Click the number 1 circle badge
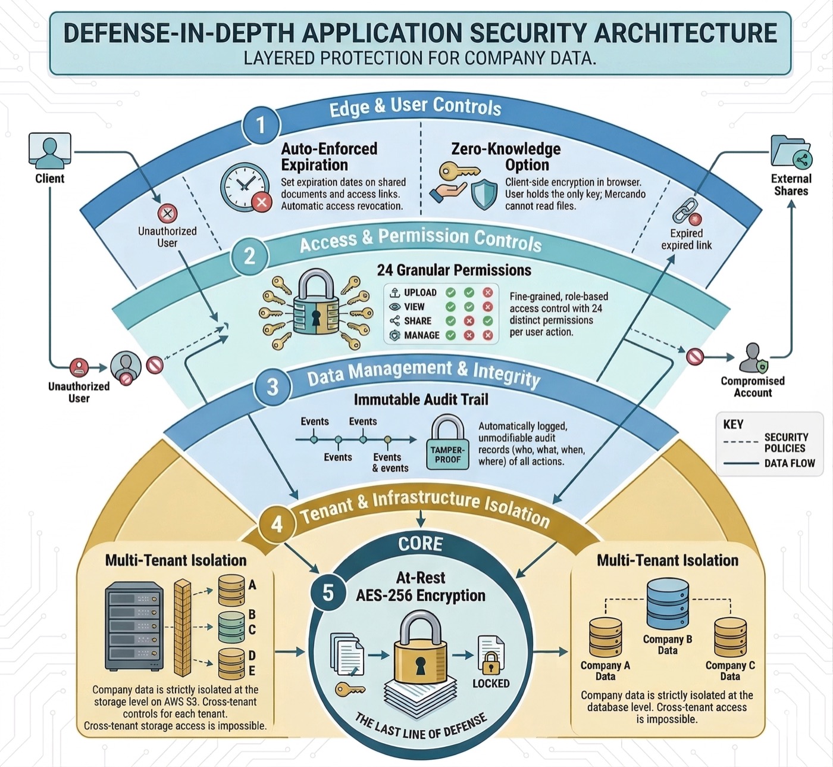(260, 126)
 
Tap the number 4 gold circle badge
(277, 524)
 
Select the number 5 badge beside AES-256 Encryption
(328, 593)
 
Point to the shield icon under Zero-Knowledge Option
(484, 194)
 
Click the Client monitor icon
(50, 150)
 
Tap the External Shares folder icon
(791, 152)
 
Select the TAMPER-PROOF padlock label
(447, 454)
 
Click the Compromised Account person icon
(753, 358)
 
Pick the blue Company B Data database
(668, 604)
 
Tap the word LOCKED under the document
(491, 684)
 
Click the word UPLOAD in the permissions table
(420, 292)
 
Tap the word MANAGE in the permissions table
(421, 335)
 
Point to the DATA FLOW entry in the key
(789, 463)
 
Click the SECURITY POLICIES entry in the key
(785, 442)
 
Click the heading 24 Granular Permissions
(454, 270)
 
